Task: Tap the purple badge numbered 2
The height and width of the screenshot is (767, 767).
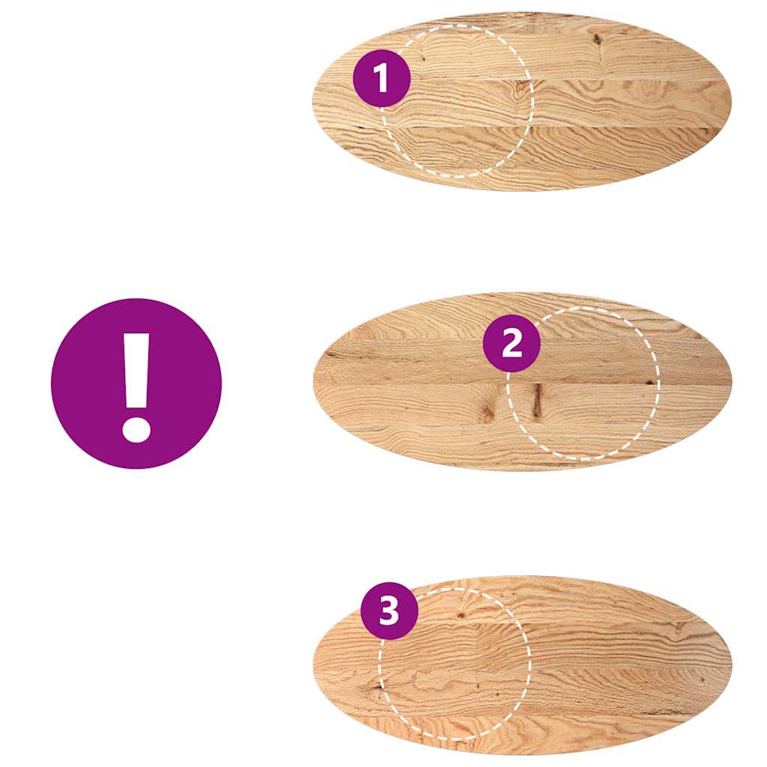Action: [x=512, y=343]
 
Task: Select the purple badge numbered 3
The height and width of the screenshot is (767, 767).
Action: [x=389, y=611]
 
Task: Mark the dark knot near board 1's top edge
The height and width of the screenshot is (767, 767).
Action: [x=597, y=40]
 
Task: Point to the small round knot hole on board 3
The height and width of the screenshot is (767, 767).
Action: [x=461, y=615]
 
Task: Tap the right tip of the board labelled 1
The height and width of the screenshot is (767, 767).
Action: [x=731, y=101]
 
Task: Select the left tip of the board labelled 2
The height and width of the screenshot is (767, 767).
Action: [x=314, y=382]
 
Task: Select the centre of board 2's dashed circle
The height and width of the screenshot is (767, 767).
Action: [x=583, y=382]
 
